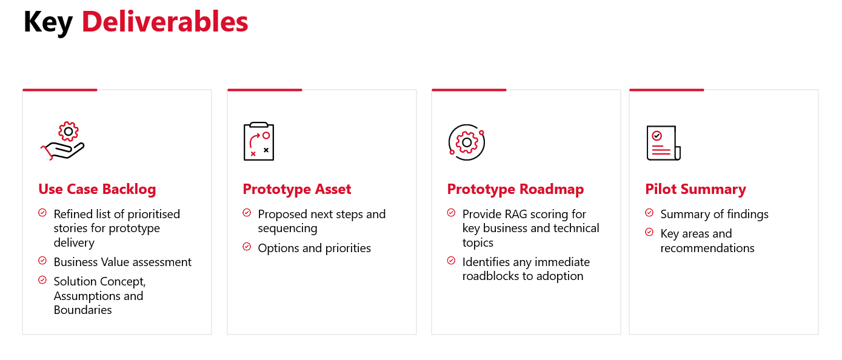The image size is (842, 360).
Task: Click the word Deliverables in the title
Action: pyautogui.click(x=165, y=22)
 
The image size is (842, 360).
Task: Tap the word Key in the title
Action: pyautogui.click(x=48, y=23)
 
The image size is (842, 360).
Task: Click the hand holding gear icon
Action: pyautogui.click(x=63, y=141)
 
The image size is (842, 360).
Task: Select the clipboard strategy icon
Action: pyautogui.click(x=259, y=141)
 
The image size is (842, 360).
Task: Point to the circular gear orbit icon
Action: pyautogui.click(x=467, y=142)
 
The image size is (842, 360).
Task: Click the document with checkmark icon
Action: pyautogui.click(x=663, y=143)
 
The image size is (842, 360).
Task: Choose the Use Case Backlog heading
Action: pyautogui.click(x=97, y=189)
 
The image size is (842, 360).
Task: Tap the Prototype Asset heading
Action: pyautogui.click(x=297, y=189)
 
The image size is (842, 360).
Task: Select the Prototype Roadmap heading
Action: pyautogui.click(x=515, y=189)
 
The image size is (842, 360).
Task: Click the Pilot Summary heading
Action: pyautogui.click(x=695, y=189)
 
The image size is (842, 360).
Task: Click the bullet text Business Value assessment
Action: pyautogui.click(x=122, y=262)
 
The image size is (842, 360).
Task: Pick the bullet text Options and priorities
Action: pyautogui.click(x=314, y=248)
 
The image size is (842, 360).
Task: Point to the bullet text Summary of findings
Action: pyautogui.click(x=714, y=214)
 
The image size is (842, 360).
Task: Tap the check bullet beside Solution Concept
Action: pyautogui.click(x=42, y=280)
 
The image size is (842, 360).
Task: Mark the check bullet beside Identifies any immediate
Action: pyautogui.click(x=451, y=261)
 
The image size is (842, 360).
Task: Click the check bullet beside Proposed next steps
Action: pyautogui.click(x=247, y=213)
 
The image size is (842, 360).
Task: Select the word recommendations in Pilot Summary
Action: pyautogui.click(x=707, y=248)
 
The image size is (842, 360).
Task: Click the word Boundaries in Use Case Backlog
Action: pyautogui.click(x=82, y=310)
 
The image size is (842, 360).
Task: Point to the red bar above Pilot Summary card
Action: pyautogui.click(x=666, y=90)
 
